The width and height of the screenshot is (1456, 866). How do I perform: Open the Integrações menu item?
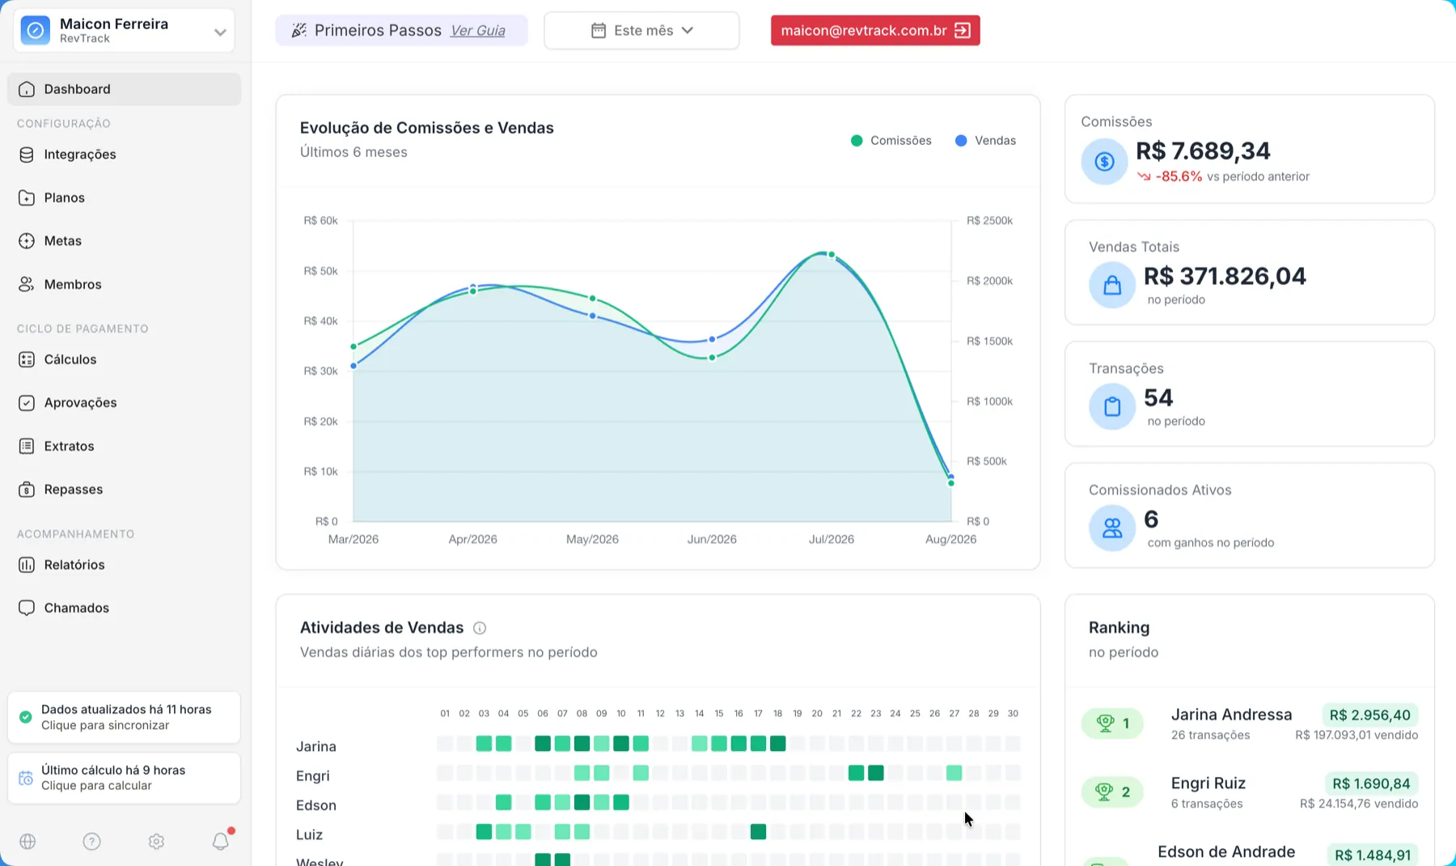click(79, 155)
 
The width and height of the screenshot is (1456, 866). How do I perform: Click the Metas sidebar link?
click(62, 241)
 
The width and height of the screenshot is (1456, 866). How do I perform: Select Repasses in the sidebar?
click(73, 490)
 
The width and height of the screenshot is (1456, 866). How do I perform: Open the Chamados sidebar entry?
click(76, 608)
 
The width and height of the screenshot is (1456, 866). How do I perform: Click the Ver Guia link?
click(478, 31)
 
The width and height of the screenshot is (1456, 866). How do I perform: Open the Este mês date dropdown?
click(641, 31)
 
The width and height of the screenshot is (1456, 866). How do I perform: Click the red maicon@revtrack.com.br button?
click(875, 31)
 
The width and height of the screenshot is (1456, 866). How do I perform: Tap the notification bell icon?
click(221, 841)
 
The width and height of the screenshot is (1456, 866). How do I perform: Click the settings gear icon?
click(156, 842)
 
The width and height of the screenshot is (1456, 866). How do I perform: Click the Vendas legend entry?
click(985, 141)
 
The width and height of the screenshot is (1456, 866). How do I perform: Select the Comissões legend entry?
click(891, 141)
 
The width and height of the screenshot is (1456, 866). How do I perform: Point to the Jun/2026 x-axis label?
click(712, 540)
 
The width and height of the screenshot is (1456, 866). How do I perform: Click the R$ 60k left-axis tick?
click(320, 221)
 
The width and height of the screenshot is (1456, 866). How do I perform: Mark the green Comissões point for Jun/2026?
click(712, 358)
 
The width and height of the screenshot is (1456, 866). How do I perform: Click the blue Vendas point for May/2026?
click(593, 316)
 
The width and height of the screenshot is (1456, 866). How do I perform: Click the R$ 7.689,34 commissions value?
click(1203, 151)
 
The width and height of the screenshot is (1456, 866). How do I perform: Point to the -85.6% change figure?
click(1179, 176)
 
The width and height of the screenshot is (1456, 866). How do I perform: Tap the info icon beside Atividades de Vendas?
click(480, 628)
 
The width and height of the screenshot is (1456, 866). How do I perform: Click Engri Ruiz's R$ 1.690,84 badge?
click(1371, 783)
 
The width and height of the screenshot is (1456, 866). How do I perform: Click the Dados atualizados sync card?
click(124, 717)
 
